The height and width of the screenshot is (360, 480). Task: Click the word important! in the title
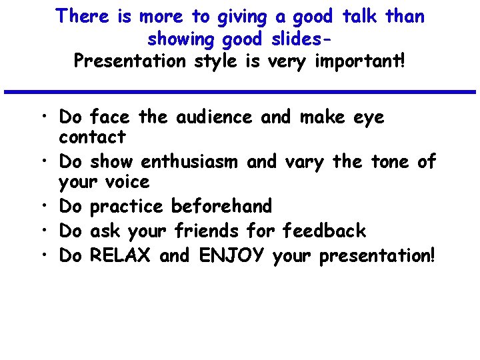point(360,61)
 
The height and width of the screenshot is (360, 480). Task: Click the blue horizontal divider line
point(239,91)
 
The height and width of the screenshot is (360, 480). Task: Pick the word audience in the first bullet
point(214,117)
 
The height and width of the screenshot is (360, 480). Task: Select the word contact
point(92,137)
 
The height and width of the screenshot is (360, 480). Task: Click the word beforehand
point(222,206)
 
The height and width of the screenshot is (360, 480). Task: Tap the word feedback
point(324,231)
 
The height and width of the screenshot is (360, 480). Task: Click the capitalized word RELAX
point(121,255)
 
